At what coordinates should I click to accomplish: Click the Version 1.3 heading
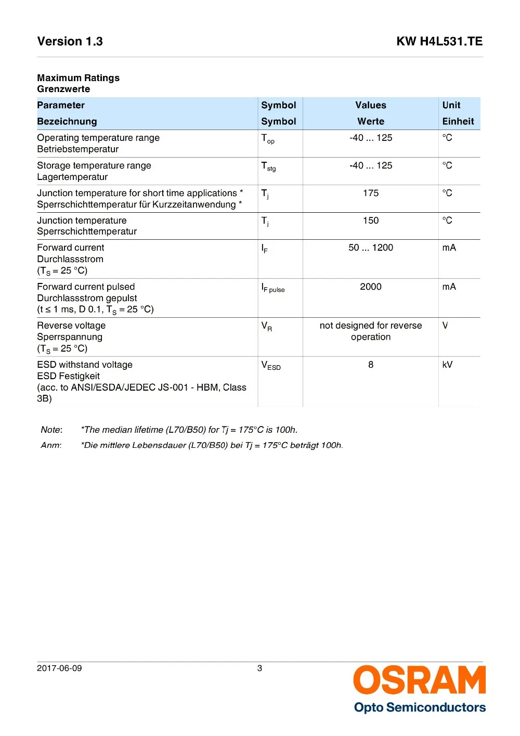70,42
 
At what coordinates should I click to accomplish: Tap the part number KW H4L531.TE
439,42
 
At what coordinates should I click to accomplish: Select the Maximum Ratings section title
78,78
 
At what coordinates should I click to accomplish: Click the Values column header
371,105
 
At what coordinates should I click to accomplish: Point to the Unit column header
451,105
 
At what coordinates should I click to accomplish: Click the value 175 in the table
371,193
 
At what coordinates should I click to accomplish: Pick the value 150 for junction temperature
371,221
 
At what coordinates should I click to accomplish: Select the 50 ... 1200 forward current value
371,248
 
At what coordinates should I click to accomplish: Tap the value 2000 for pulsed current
371,287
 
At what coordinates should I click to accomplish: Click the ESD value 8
371,365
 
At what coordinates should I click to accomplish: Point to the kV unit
447,365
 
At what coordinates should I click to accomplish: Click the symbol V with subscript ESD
270,366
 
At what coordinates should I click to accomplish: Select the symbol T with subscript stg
268,166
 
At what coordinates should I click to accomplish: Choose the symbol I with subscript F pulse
272,288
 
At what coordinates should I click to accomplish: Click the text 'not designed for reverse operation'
371,331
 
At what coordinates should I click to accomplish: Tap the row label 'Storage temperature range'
94,165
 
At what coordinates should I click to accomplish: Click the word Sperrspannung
70,337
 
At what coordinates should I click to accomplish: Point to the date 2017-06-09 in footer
59,668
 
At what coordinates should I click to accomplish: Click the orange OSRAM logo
419,680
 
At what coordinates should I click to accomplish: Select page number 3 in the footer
259,668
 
